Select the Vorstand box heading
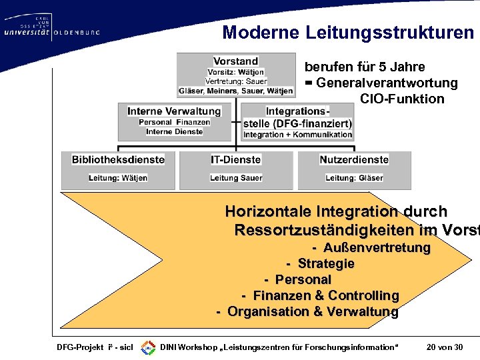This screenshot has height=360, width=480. (x=236, y=61)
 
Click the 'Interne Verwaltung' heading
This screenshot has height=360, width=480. (x=174, y=111)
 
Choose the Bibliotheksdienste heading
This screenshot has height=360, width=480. (x=118, y=160)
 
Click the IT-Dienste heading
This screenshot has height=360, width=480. (x=235, y=160)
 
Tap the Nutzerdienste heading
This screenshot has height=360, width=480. (x=354, y=160)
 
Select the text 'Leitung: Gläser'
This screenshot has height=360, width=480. (x=354, y=178)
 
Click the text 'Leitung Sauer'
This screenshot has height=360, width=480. (x=236, y=178)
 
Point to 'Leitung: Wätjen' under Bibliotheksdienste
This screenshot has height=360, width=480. (x=118, y=178)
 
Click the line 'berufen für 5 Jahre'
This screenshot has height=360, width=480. (x=365, y=67)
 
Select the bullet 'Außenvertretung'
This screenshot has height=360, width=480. (x=377, y=248)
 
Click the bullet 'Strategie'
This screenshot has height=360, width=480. (x=326, y=264)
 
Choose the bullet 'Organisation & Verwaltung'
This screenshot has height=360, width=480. (x=312, y=311)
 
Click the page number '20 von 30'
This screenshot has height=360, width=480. (x=443, y=347)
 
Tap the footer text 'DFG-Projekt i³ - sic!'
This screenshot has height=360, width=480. (x=95, y=347)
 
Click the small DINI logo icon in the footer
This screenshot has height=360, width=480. (x=148, y=347)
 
